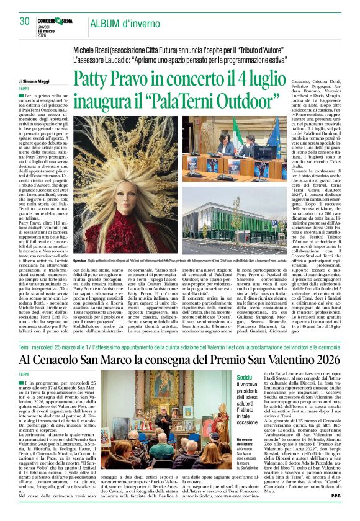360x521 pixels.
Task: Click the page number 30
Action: [x=24, y=21]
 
